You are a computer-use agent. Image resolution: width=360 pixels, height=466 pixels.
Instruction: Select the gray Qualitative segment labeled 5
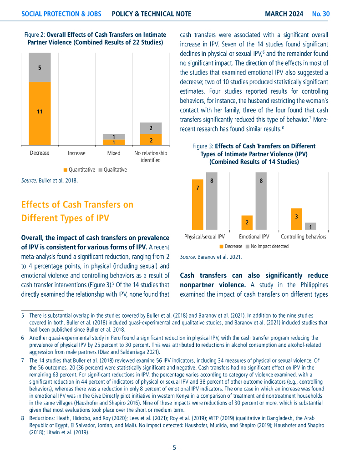click(40, 67)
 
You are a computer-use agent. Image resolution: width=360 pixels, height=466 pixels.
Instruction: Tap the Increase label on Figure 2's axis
click(76, 153)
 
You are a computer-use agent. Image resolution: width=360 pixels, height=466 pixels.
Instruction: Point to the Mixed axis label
click(114, 153)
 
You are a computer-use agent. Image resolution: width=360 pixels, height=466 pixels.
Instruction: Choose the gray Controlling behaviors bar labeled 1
click(310, 226)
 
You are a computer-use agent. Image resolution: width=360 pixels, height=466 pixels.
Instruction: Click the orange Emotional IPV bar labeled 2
click(247, 223)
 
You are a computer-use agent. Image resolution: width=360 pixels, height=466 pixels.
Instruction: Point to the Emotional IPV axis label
click(254, 237)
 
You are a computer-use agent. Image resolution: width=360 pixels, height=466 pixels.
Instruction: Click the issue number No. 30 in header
click(321, 14)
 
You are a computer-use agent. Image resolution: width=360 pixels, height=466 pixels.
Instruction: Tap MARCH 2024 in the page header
click(284, 14)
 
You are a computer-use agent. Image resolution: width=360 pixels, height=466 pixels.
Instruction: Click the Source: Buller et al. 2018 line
click(49, 181)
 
